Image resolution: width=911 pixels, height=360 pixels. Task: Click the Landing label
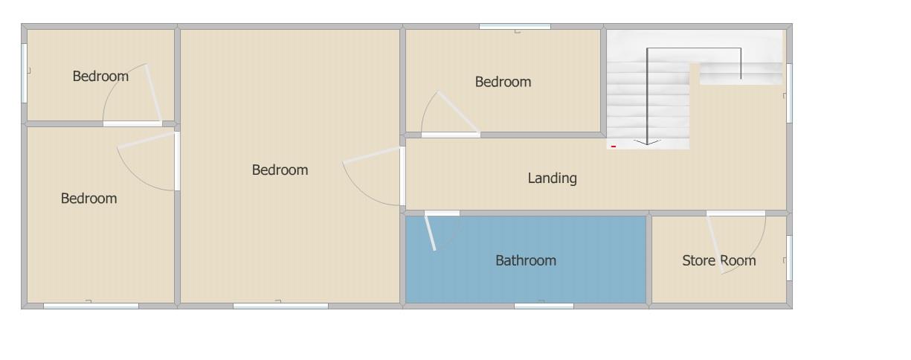click(552, 178)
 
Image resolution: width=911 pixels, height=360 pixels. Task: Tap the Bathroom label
click(526, 260)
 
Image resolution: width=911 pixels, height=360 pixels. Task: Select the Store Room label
click(718, 260)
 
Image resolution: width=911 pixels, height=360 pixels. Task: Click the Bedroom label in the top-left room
click(100, 76)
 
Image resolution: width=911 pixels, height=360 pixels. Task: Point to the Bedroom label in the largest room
click(280, 170)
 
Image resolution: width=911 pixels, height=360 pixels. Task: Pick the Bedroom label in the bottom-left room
click(88, 199)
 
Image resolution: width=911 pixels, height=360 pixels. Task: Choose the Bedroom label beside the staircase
click(503, 82)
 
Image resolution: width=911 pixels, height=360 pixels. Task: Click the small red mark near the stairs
click(614, 147)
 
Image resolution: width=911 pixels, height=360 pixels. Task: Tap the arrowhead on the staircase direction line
click(647, 141)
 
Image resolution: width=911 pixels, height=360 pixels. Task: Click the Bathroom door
click(431, 233)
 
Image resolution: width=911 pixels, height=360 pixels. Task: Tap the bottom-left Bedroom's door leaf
click(146, 140)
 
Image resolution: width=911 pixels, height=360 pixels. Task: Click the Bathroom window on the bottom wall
click(544, 305)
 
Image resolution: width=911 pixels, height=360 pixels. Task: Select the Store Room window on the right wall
click(789, 258)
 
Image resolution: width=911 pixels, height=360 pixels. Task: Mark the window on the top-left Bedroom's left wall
click(24, 73)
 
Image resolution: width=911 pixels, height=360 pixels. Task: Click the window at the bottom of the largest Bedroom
click(280, 305)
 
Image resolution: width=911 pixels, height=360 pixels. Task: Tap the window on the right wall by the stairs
click(789, 92)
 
